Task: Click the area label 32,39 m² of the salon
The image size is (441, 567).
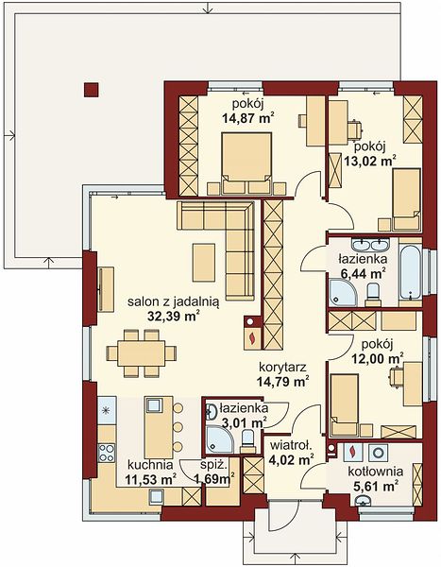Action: click(174, 317)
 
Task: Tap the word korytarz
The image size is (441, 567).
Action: click(282, 368)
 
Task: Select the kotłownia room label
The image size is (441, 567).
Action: click(376, 472)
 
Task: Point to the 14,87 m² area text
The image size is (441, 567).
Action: click(247, 118)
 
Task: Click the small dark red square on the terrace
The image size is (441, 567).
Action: click(91, 90)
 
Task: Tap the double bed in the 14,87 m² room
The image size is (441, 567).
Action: click(246, 163)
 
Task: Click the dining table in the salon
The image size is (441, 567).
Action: click(142, 352)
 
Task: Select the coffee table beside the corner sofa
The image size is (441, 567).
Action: click(204, 262)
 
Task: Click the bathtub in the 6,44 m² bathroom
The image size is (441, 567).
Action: click(411, 272)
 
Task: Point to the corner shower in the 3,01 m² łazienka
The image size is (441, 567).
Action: click(219, 438)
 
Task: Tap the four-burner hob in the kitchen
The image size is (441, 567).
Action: click(107, 453)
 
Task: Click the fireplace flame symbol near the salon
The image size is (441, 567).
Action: click(252, 339)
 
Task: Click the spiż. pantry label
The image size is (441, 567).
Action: click(214, 465)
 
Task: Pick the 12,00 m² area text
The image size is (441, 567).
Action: click(378, 358)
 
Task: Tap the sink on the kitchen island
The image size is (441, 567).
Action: click(154, 404)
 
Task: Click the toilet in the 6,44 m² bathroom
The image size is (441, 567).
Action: click(372, 294)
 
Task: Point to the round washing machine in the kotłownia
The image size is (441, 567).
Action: click(379, 453)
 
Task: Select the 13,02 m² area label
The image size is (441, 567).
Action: click(369, 161)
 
